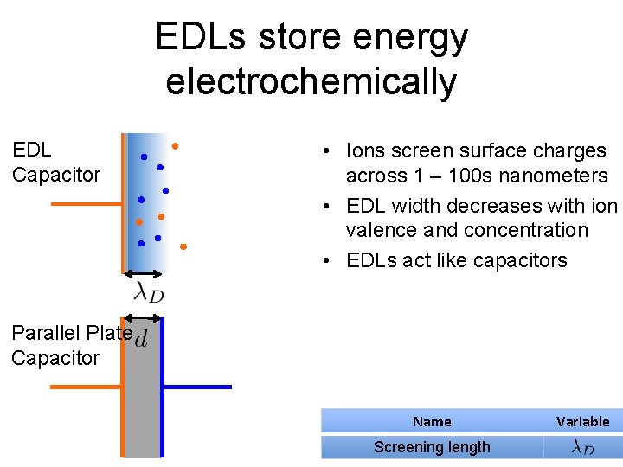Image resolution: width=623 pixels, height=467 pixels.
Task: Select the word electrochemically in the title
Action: click(311, 81)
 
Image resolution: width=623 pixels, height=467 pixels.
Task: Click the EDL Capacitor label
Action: click(55, 163)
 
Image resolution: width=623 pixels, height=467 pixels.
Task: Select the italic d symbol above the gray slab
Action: click(140, 338)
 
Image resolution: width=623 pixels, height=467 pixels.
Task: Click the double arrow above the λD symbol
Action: click(145, 276)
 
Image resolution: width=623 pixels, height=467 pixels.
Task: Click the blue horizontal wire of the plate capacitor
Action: click(198, 387)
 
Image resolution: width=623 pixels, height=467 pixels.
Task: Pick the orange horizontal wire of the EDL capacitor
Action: click(87, 204)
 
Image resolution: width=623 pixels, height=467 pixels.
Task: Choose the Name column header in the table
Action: click(432, 421)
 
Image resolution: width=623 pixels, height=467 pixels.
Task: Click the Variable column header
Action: click(582, 421)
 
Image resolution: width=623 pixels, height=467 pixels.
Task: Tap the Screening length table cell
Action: click(432, 447)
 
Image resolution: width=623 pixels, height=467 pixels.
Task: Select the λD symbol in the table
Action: click(582, 447)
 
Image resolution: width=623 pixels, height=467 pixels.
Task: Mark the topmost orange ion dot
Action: click(175, 145)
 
